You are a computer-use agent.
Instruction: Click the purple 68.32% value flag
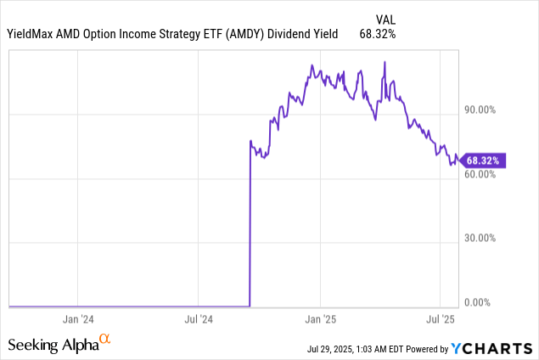coord(483,160)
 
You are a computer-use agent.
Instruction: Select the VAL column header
coord(385,18)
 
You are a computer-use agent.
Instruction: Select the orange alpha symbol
coord(105,340)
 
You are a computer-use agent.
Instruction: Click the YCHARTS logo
coord(491,346)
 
